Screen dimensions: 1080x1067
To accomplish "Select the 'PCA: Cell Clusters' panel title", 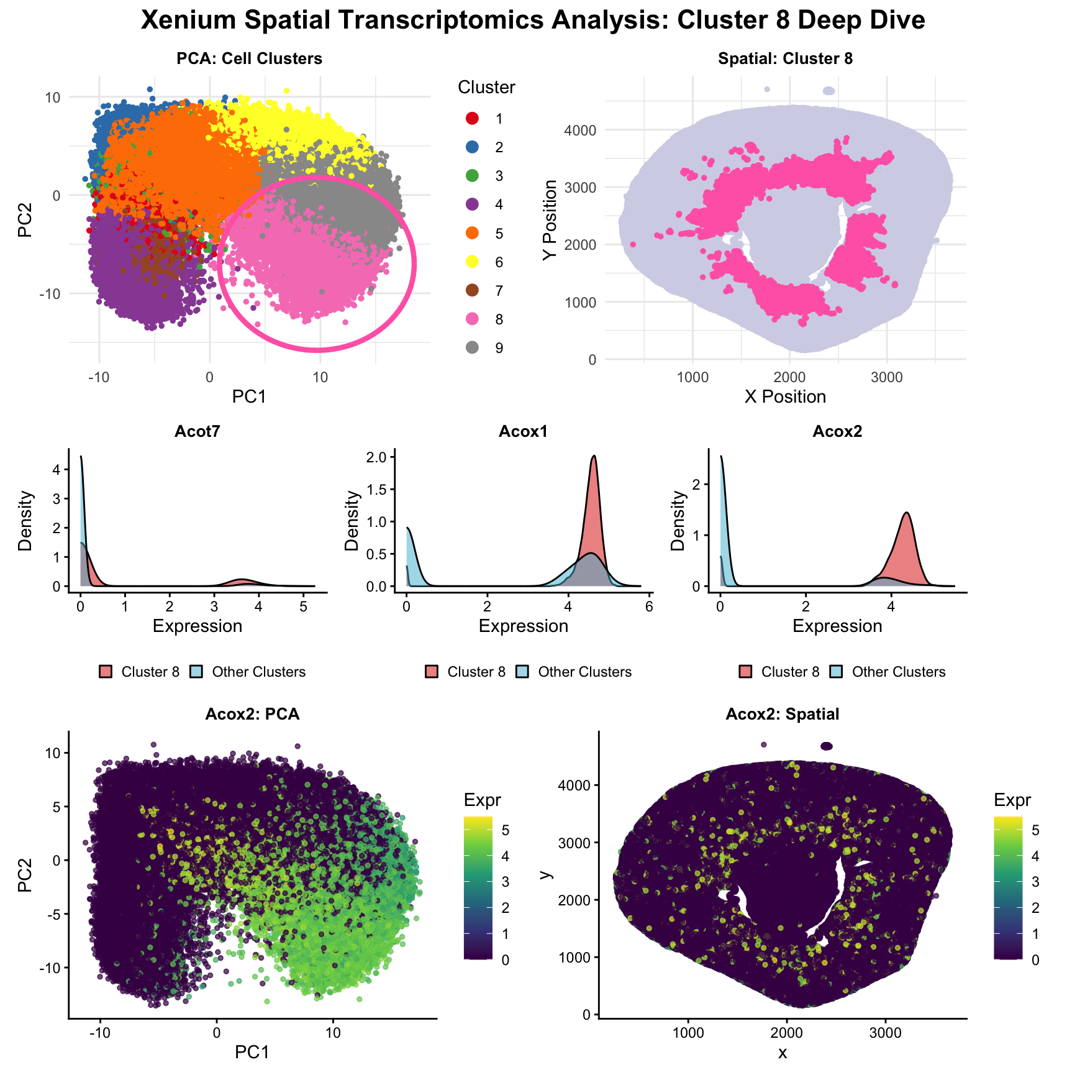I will point(249,58).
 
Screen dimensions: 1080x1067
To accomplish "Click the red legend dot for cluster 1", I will point(473,118).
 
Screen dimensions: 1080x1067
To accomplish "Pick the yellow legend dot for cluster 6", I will point(473,262).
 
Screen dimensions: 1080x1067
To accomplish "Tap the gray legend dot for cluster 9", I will point(473,348).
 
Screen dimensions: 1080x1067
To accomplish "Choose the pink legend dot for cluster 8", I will point(473,319).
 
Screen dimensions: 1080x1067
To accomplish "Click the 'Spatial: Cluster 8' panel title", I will point(785,58).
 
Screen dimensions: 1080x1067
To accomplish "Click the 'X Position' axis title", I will point(785,396).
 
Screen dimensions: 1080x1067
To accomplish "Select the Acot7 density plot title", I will point(198,431).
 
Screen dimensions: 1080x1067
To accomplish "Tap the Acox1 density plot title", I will point(524,431).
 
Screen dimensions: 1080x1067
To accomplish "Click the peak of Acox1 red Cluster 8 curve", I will point(594,456).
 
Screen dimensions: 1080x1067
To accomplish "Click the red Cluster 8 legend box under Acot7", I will point(106,672).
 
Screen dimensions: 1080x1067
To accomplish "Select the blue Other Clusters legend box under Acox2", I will point(836,672).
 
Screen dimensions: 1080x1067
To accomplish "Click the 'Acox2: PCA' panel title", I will point(252,714).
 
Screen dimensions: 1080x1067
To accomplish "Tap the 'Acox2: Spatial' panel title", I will point(782,714).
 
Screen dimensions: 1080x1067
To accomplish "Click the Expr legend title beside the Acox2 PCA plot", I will point(482,800).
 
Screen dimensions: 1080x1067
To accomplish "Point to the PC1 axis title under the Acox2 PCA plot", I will point(252,1051).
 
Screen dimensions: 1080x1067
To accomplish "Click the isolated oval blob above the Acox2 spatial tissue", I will point(827,746).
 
